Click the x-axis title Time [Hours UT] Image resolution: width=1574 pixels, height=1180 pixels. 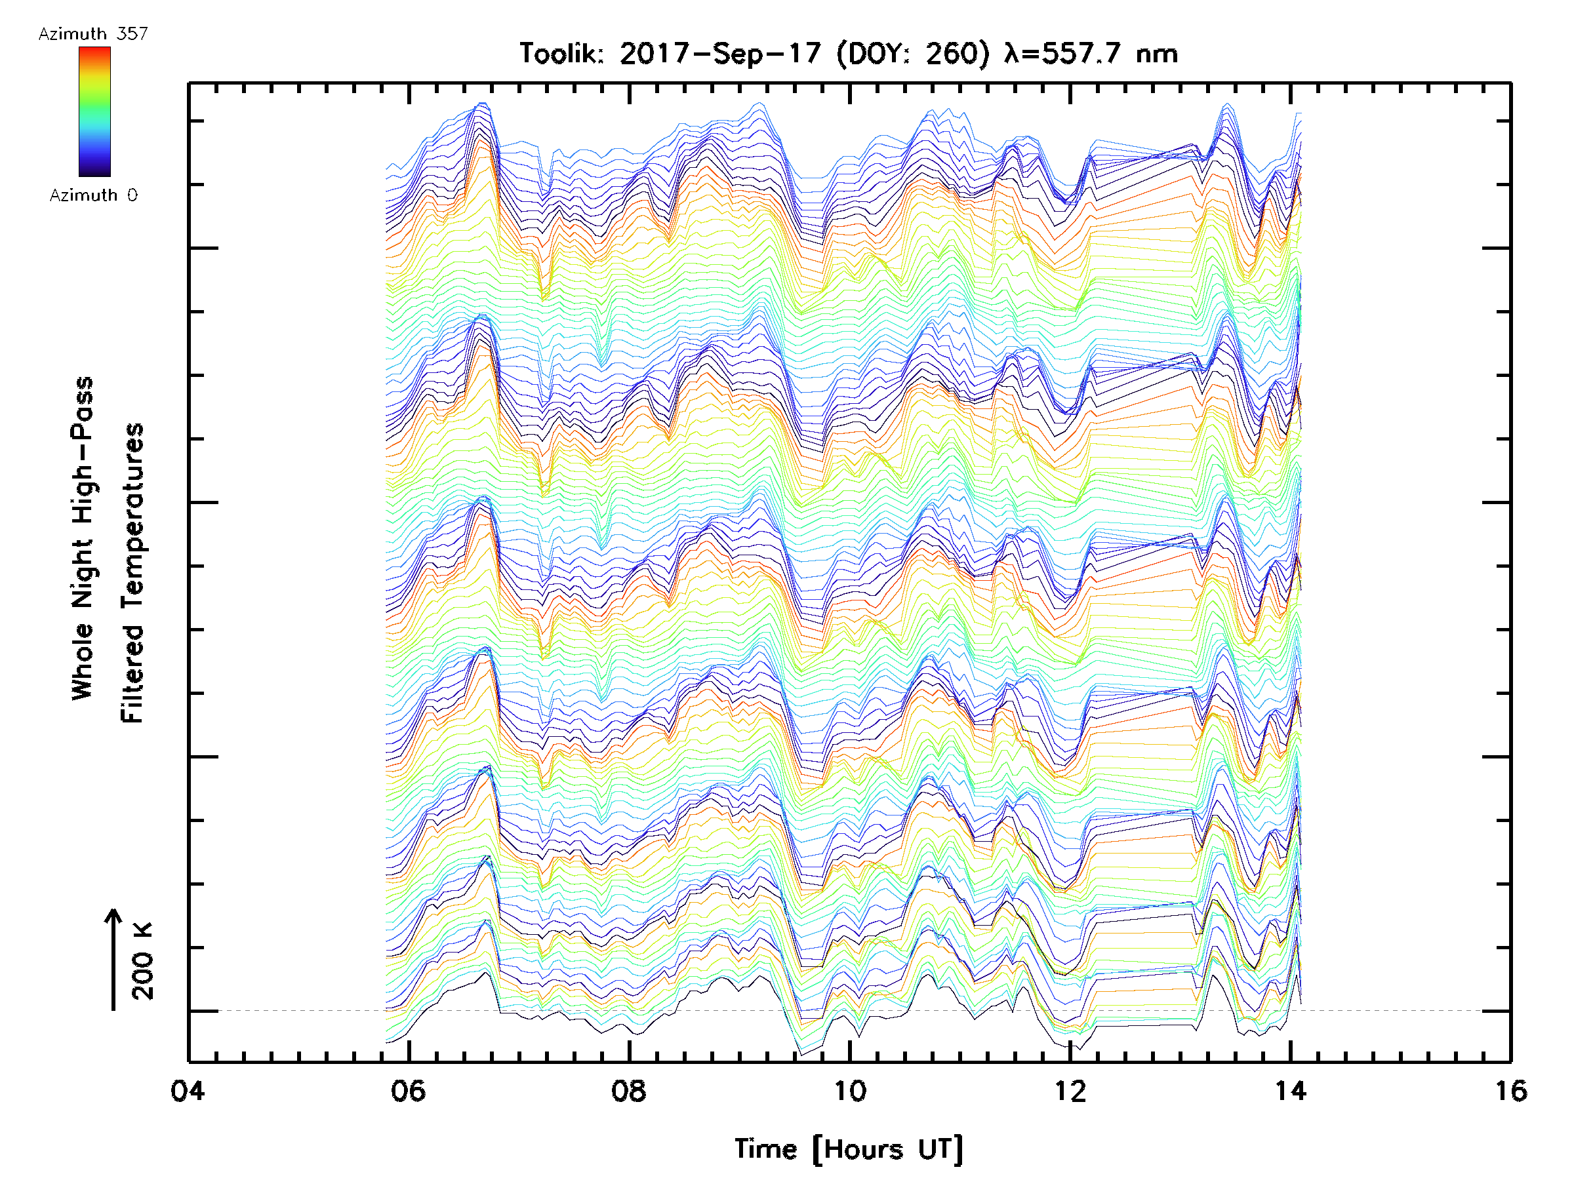849,1149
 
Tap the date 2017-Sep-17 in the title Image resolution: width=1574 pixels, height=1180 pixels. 720,53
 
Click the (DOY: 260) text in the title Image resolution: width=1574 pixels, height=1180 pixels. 912,53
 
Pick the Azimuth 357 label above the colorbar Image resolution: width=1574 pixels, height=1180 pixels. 93,33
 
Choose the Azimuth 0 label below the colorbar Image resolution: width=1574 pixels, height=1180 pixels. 93,195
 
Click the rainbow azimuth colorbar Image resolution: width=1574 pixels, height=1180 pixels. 94,111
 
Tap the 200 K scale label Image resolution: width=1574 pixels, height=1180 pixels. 143,961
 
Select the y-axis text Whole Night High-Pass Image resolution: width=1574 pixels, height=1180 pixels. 83,538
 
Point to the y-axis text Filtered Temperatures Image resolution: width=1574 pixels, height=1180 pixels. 132,574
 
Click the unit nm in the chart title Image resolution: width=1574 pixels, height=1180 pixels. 1157,53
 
